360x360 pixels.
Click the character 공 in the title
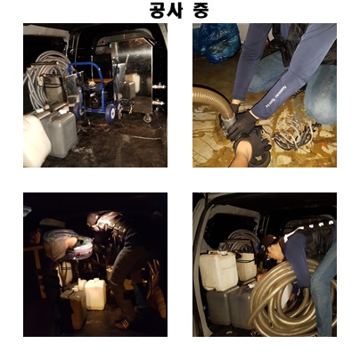[x=157, y=10]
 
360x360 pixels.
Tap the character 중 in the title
[x=200, y=10]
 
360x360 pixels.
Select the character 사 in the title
[x=174, y=10]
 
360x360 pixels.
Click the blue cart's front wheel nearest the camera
[x=111, y=112]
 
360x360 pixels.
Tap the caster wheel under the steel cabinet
[x=147, y=118]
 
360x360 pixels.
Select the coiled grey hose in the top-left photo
[x=45, y=78]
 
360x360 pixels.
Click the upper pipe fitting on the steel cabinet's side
[x=160, y=86]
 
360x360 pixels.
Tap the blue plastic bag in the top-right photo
[x=217, y=43]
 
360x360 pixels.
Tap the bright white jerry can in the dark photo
[x=95, y=293]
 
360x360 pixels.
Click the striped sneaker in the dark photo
[x=125, y=323]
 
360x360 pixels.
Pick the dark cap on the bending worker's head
[x=268, y=241]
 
